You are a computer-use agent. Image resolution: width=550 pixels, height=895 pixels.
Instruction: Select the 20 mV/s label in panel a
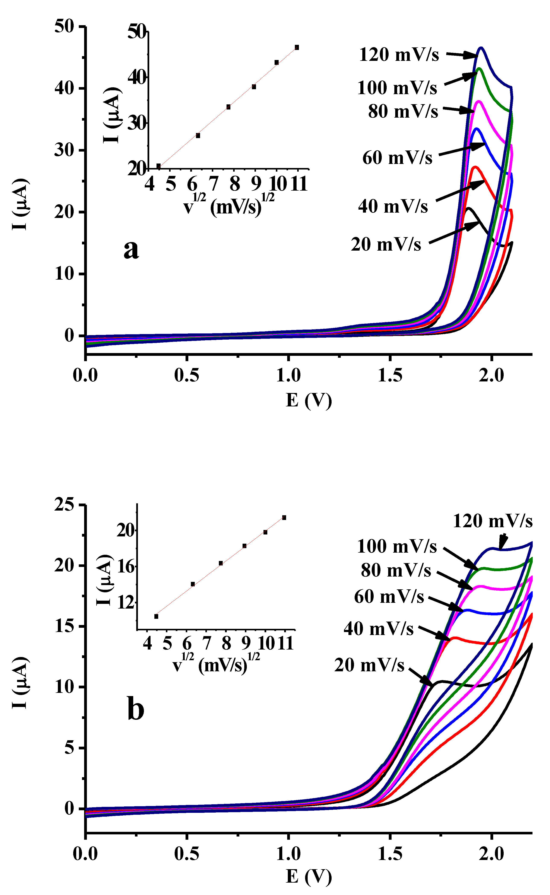[386, 244]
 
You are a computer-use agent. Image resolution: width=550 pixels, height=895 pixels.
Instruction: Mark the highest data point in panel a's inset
[297, 47]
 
